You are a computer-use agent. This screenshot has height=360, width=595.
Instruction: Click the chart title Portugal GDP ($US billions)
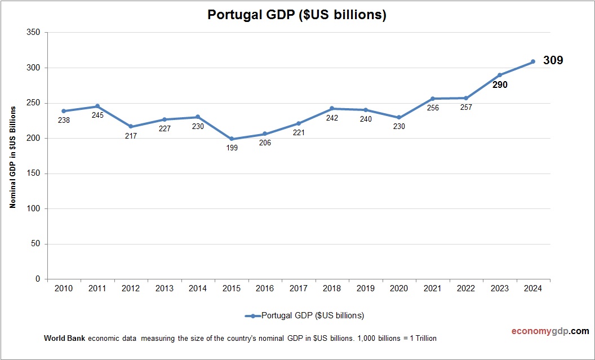[297, 15]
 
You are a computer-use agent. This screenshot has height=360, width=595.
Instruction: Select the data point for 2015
[232, 139]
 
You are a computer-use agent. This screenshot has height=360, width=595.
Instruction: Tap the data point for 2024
[533, 61]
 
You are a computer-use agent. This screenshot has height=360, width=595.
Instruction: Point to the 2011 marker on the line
[97, 106]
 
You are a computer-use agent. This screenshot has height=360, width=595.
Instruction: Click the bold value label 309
[553, 60]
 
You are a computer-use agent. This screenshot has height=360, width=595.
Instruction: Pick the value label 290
[500, 86]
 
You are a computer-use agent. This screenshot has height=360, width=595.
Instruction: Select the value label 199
[232, 148]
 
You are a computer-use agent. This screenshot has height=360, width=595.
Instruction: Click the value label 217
[131, 136]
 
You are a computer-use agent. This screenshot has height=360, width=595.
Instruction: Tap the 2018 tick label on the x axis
[332, 288]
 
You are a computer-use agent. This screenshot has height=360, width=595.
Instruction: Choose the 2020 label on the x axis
[399, 288]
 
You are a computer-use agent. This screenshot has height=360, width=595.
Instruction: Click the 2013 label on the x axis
[165, 288]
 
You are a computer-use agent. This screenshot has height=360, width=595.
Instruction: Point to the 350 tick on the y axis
[33, 33]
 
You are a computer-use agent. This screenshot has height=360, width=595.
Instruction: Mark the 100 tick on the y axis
[33, 208]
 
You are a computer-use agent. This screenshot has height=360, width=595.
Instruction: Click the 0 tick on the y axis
[38, 279]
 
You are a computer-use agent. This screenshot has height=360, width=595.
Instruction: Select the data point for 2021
[433, 99]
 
